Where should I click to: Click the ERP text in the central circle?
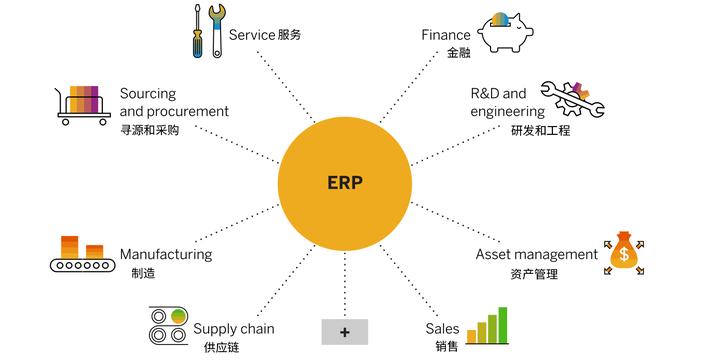[345, 184]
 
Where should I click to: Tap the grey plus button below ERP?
[345, 331]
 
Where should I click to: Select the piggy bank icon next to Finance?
[511, 33]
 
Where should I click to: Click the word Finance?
[445, 35]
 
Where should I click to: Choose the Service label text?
[252, 35]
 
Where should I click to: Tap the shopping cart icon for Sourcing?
[82, 104]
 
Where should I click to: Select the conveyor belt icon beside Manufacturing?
[82, 256]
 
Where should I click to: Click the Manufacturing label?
[166, 254]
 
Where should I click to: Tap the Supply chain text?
[233, 328]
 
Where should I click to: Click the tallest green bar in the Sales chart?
[503, 323]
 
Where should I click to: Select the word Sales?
[442, 328]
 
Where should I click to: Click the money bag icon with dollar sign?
[624, 253]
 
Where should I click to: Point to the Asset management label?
[536, 254]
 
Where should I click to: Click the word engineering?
[507, 112]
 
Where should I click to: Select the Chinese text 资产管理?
[533, 273]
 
